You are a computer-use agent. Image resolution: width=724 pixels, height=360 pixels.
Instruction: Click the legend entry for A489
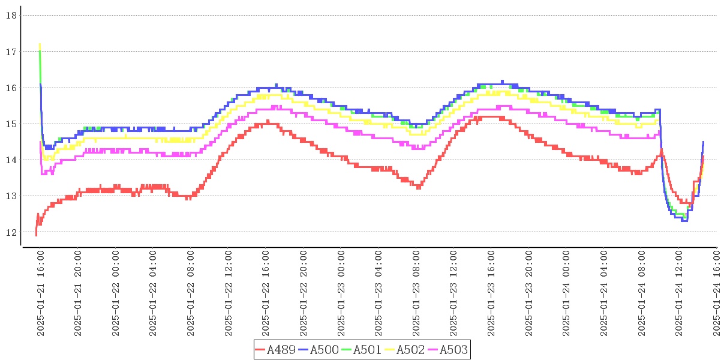pos(275,350)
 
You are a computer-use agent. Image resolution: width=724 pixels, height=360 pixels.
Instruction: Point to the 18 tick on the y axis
pos(11,16)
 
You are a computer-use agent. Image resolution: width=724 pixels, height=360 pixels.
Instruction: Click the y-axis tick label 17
pos(11,52)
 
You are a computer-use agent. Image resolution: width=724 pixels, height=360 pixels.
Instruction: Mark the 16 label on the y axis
pos(11,88)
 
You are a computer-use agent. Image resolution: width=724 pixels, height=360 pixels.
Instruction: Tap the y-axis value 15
pos(11,124)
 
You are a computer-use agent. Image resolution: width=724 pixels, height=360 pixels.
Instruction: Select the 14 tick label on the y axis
pos(11,160)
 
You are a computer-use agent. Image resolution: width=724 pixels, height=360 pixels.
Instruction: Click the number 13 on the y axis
pos(11,196)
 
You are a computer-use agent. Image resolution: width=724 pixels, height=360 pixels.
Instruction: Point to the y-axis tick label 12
pos(11,232)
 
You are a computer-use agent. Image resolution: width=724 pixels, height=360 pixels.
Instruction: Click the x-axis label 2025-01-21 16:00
pos(41,294)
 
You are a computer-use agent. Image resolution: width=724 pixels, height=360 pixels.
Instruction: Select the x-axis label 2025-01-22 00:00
pos(116,294)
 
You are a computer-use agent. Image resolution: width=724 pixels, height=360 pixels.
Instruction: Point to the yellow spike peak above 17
pos(40,44)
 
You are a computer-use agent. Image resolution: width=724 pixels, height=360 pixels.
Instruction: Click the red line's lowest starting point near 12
pos(36,235)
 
